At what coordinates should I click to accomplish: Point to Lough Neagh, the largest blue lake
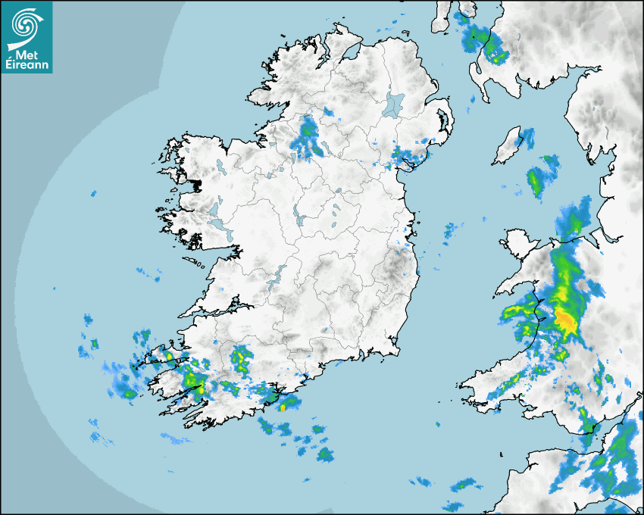click(x=394, y=104)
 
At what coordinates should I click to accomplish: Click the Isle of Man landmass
click(x=507, y=147)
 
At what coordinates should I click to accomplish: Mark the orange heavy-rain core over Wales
click(x=565, y=320)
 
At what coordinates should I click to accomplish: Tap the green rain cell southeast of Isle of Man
click(x=536, y=181)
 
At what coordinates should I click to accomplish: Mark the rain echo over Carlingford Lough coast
click(x=405, y=157)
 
